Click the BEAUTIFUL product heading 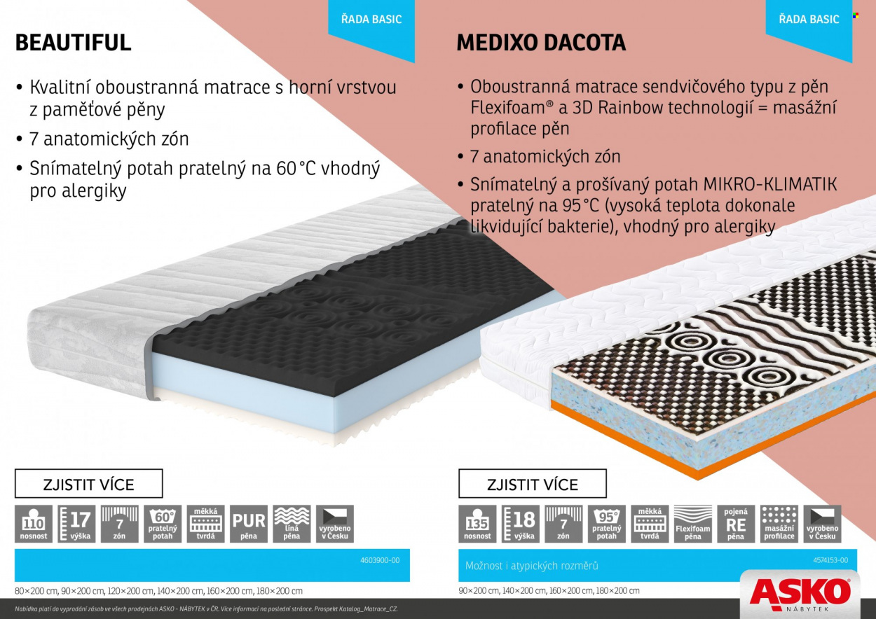[x=73, y=43]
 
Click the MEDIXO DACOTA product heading [x=541, y=43]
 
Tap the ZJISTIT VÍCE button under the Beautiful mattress [x=89, y=483]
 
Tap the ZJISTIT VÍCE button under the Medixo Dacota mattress [x=533, y=483]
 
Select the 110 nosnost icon [x=34, y=524]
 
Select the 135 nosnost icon [x=477, y=524]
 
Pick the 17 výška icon [x=76, y=524]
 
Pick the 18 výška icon [x=521, y=524]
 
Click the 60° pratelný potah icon [x=163, y=524]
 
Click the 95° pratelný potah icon [x=607, y=524]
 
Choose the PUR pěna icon [x=249, y=524]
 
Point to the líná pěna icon [x=292, y=524]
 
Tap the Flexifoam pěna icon [x=692, y=524]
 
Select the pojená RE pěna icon [x=736, y=524]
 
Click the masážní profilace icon [x=779, y=524]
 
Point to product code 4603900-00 [x=380, y=560]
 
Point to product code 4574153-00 [x=830, y=560]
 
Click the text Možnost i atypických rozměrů [x=531, y=566]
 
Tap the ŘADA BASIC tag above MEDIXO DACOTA [x=809, y=19]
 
